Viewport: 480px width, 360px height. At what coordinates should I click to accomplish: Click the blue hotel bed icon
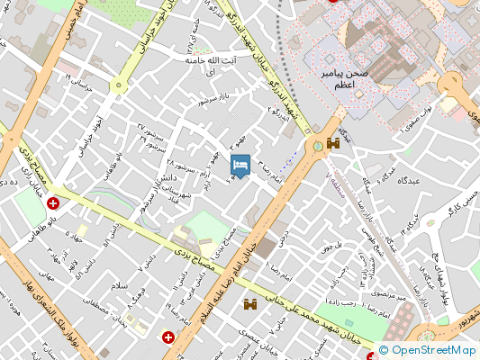click(240, 166)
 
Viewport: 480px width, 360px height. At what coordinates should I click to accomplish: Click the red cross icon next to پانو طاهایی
click(56, 204)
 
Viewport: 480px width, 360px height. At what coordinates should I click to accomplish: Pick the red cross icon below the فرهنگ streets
click(168, 337)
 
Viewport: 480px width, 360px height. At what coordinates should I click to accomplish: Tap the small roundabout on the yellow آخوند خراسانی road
click(116, 85)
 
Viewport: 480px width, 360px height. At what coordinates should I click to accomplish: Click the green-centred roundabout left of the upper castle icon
click(317, 145)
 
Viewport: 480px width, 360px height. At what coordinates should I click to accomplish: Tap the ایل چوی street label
click(333, 242)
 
